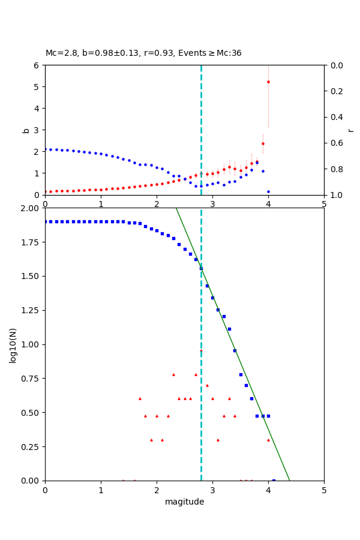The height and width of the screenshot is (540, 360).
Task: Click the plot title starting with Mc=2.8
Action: pyautogui.click(x=143, y=53)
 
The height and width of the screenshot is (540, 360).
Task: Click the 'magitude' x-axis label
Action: pyautogui.click(x=184, y=502)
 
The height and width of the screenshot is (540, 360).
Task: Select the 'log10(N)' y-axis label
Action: pyautogui.click(x=13, y=344)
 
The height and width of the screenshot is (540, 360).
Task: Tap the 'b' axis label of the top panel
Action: pyautogui.click(x=26, y=130)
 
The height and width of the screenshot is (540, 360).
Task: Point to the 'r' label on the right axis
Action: pyautogui.click(x=350, y=130)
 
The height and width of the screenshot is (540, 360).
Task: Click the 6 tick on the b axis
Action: pyautogui.click(x=36, y=65)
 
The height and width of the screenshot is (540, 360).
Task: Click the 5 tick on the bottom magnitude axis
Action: pyautogui.click(x=324, y=490)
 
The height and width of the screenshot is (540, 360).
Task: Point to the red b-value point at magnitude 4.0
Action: pyautogui.click(x=268, y=82)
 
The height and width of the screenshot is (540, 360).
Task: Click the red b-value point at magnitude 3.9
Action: pyautogui.click(x=263, y=143)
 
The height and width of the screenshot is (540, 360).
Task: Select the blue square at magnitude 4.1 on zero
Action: pyautogui.click(x=274, y=480)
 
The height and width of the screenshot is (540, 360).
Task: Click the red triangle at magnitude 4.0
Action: pyautogui.click(x=268, y=440)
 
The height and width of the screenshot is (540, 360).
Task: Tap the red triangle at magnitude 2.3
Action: pyautogui.click(x=173, y=374)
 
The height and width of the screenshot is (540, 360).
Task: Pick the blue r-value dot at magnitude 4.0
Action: pyautogui.click(x=268, y=191)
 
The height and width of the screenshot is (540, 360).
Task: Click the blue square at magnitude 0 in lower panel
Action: pyautogui.click(x=45, y=221)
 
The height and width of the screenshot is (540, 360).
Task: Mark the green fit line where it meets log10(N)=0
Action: pyautogui.click(x=290, y=480)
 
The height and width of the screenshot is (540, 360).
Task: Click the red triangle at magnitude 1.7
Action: pyautogui.click(x=140, y=398)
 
